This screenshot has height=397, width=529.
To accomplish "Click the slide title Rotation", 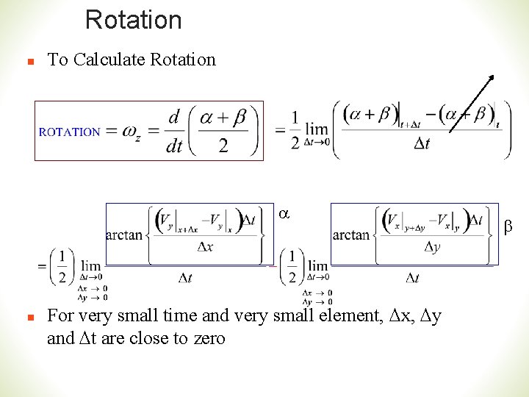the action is pyautogui.click(x=133, y=20).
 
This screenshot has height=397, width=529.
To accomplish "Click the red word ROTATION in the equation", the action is pyautogui.click(x=69, y=132).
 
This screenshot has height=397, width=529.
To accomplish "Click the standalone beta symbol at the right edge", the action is pyautogui.click(x=508, y=229).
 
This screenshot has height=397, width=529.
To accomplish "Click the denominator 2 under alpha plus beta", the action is pyautogui.click(x=223, y=145).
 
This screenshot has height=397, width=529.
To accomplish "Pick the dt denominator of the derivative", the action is pyautogui.click(x=174, y=146).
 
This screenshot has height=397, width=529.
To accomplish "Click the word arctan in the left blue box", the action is pyautogui.click(x=125, y=235).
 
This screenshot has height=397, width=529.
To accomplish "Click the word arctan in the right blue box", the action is pyautogui.click(x=351, y=235).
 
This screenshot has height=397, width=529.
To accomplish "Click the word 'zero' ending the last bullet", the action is pyautogui.click(x=209, y=338).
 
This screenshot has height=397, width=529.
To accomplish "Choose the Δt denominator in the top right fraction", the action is pyautogui.click(x=422, y=143).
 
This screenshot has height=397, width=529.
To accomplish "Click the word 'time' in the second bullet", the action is pyautogui.click(x=158, y=316).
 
